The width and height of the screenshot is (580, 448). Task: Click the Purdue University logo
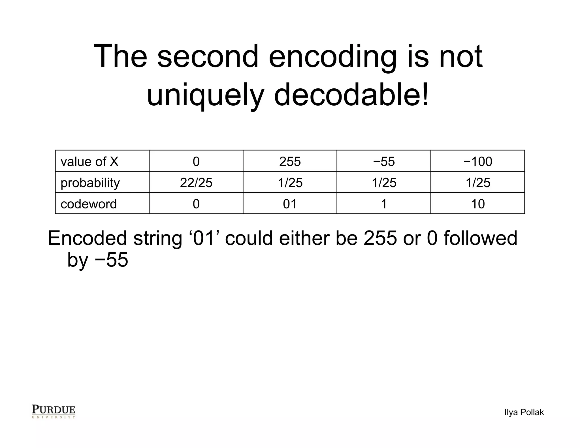53,411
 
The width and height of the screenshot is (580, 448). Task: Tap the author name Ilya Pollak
524,412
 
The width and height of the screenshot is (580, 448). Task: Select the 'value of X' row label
89,162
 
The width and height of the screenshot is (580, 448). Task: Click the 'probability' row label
90,183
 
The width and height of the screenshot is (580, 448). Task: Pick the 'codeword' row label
89,204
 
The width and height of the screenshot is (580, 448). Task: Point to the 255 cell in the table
290,162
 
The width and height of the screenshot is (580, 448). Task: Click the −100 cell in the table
478,162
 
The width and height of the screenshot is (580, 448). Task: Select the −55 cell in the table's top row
384,162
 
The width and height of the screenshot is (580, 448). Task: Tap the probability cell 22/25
196,183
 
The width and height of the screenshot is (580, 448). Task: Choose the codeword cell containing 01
290,204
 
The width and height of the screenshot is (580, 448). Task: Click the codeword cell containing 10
478,204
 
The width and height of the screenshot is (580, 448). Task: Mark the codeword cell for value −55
384,204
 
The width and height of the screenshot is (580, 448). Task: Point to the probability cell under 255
290,183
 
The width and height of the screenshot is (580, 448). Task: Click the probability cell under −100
478,183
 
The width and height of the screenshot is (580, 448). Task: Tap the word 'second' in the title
208,56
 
